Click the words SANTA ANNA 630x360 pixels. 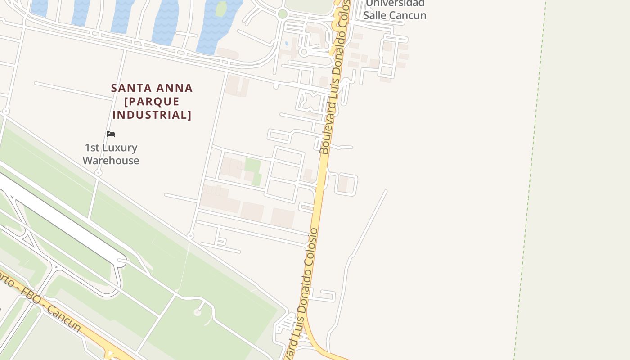click(152, 88)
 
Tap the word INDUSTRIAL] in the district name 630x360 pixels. click(152, 115)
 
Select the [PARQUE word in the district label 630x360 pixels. click(152, 102)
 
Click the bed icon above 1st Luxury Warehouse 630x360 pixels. click(111, 134)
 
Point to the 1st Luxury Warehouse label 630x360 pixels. click(111, 154)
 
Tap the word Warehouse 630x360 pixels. click(111, 161)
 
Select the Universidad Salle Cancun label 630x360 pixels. click(395, 9)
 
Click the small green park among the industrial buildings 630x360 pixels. click(254, 171)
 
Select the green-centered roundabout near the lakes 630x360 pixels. click(283, 14)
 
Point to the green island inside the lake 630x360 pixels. click(220, 9)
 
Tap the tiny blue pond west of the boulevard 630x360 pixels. click(287, 44)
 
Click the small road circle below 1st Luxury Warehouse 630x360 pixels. click(99, 173)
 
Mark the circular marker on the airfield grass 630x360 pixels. click(197, 312)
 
